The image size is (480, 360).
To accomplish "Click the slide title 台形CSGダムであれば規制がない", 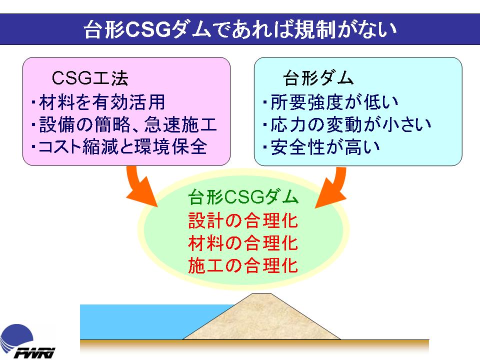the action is (240, 29).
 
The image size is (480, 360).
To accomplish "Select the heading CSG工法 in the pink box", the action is (89, 78).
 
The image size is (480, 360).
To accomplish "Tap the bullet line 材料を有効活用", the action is (98, 102).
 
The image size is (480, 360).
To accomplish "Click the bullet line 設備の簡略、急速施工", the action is (124, 124).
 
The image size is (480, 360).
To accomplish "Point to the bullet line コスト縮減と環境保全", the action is (119, 147).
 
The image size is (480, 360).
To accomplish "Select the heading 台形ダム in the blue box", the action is (318, 78).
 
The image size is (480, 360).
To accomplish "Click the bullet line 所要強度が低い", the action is (331, 102).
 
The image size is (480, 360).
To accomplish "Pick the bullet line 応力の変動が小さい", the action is (347, 124).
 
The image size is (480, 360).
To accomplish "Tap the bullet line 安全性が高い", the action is (321, 147).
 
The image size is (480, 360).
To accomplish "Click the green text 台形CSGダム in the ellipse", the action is (243, 197).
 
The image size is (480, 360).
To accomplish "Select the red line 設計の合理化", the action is (243, 220).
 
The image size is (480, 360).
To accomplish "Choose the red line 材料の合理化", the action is (243, 243).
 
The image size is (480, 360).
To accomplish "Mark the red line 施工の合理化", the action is (243, 265).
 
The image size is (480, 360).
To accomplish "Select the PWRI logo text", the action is (34, 353).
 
